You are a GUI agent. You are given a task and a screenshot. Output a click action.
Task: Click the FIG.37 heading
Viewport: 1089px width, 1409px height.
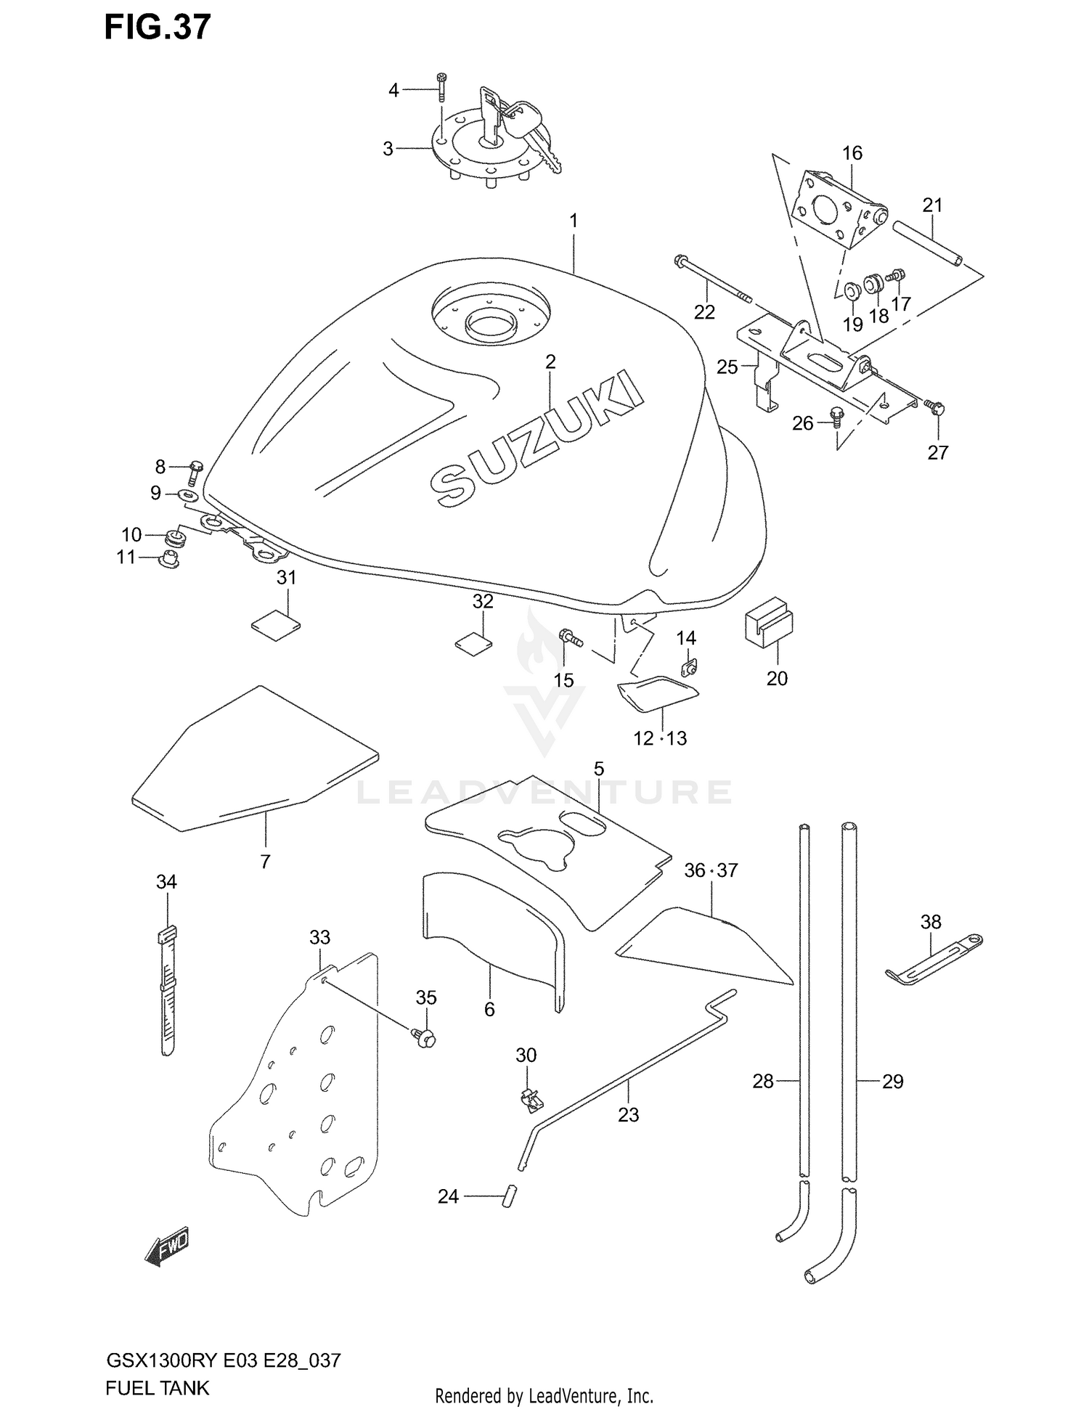coord(158,28)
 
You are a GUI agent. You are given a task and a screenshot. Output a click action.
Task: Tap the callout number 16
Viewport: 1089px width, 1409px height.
coord(852,153)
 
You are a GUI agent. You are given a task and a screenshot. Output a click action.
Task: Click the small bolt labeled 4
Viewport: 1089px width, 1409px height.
coord(441,88)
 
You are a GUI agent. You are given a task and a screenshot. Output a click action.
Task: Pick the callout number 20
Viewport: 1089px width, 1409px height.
coord(777,679)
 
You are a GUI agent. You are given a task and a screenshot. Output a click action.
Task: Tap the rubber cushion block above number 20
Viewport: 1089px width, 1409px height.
coord(768,621)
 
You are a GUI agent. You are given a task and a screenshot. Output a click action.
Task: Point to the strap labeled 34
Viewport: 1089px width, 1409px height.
coord(168,991)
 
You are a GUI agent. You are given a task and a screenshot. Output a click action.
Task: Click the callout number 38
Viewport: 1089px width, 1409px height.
coord(930,922)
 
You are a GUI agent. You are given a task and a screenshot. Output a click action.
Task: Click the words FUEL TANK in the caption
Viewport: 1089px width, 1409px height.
coord(157,1388)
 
